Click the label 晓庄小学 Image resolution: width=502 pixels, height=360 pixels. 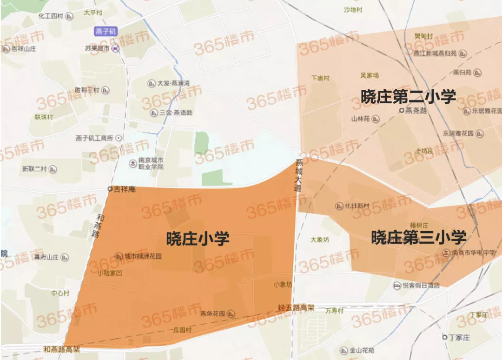[198, 239]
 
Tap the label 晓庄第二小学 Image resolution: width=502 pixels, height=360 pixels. [408, 96]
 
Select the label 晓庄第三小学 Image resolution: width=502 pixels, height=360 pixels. [418, 237]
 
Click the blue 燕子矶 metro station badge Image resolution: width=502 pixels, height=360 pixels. [106, 32]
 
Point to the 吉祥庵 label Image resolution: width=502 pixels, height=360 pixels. [125, 189]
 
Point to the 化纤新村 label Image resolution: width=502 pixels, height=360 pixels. [356, 206]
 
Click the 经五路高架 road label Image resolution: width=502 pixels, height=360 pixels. [296, 307]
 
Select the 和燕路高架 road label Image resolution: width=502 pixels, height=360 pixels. [61, 349]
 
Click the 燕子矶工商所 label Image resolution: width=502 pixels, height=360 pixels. [94, 138]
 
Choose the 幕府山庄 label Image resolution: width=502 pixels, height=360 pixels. [45, 257]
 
